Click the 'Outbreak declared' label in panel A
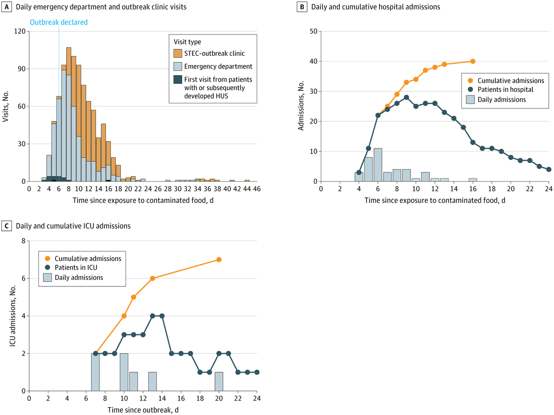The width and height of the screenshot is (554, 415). (x=59, y=22)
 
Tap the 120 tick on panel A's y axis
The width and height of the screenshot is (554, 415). (x=20, y=31)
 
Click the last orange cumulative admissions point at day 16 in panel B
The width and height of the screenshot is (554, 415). (x=473, y=61)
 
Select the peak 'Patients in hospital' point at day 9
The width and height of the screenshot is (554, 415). (x=406, y=97)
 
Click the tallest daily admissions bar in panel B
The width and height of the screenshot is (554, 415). (x=378, y=165)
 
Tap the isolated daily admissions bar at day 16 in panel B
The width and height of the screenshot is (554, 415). (x=473, y=180)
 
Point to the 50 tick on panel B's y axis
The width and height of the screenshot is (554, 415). (x=313, y=31)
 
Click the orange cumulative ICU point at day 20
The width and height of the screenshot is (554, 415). (x=219, y=260)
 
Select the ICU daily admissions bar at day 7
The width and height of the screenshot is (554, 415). (x=95, y=372)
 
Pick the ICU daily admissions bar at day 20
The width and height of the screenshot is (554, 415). (x=219, y=381)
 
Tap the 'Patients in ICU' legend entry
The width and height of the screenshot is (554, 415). (x=76, y=268)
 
